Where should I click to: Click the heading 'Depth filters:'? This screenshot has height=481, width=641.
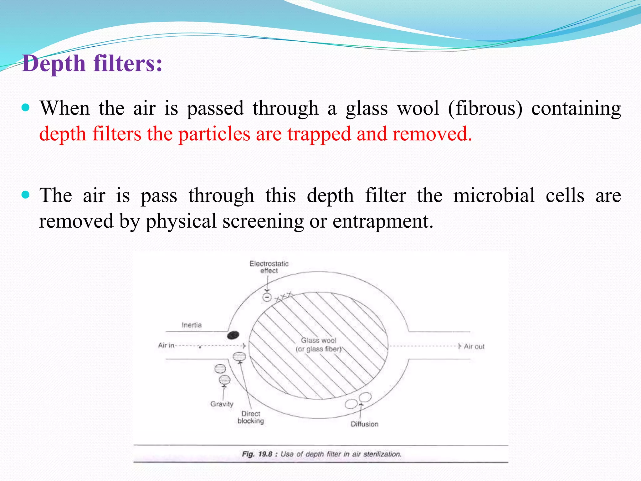(x=92, y=64)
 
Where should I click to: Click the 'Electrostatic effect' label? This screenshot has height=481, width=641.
(x=269, y=267)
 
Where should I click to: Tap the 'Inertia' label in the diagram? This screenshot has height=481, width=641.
(x=192, y=325)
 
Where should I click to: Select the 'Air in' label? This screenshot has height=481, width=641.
(x=166, y=345)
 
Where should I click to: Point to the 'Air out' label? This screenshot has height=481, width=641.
(x=474, y=347)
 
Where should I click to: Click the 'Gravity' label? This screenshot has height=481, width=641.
(x=222, y=404)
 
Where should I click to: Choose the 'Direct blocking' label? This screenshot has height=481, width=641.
(x=251, y=417)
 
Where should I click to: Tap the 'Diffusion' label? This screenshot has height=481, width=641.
(x=364, y=424)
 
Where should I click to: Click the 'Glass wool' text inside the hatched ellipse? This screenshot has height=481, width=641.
(x=319, y=340)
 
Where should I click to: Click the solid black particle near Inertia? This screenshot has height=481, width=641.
(x=233, y=335)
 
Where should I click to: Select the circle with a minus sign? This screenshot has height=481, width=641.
(x=267, y=297)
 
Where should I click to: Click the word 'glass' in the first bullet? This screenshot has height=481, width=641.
(x=367, y=108)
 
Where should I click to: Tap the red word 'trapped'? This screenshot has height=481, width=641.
(x=319, y=134)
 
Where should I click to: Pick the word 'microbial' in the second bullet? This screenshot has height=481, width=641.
(x=494, y=195)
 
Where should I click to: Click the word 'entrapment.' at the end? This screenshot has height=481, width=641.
(x=383, y=221)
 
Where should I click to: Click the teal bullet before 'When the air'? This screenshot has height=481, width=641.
(x=26, y=108)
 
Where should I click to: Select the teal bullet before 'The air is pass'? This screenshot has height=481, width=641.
(x=26, y=195)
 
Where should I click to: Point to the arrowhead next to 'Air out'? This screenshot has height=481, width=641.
(x=459, y=346)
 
